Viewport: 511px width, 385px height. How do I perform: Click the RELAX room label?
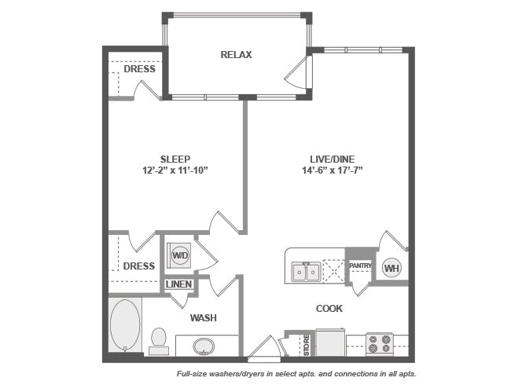(236, 54)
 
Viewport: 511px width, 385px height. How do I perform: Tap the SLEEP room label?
(175, 158)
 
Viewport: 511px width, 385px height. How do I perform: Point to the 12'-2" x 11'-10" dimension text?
(175, 170)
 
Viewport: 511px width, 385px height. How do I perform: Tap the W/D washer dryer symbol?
(180, 255)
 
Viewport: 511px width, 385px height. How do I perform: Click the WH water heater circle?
(392, 268)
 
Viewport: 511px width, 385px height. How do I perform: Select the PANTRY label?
(360, 266)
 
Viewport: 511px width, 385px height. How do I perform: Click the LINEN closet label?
(178, 284)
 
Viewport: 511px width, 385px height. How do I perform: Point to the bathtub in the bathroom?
(124, 325)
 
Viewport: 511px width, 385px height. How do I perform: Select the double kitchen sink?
(306, 272)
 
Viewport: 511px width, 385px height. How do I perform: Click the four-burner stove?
(380, 344)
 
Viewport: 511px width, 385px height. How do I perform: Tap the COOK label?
(329, 309)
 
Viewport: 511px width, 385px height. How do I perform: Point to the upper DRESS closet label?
(139, 69)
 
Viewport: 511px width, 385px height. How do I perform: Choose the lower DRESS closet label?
(138, 266)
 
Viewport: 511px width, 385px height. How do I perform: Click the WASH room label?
(203, 317)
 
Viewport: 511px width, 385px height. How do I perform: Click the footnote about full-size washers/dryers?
(296, 374)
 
